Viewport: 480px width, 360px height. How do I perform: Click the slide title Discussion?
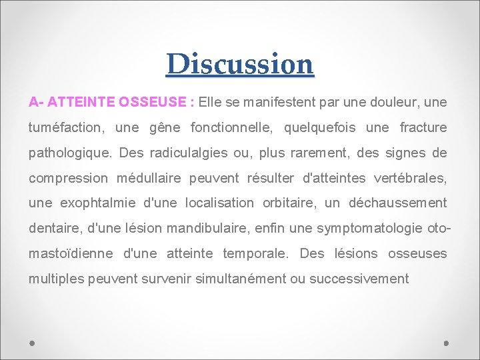click(240, 64)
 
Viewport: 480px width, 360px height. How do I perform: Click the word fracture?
click(423, 127)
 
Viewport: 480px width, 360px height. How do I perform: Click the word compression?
click(68, 178)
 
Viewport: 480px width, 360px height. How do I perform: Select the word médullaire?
click(155, 178)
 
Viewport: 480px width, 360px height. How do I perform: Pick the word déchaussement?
click(397, 203)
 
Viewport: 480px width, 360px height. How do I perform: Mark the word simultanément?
click(241, 278)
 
